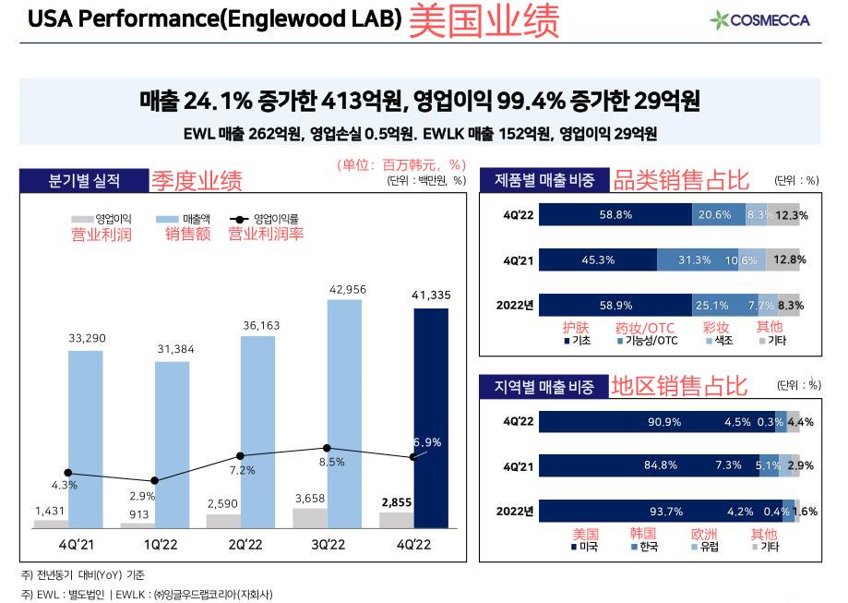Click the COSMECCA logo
click(759, 19)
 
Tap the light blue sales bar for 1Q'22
click(172, 443)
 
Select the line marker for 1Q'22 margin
click(154, 480)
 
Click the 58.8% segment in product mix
click(615, 215)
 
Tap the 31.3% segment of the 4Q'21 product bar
click(694, 259)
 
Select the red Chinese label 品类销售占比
click(681, 180)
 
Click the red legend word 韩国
click(642, 534)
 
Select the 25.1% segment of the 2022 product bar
click(719, 304)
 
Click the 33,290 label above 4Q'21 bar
click(87, 339)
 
